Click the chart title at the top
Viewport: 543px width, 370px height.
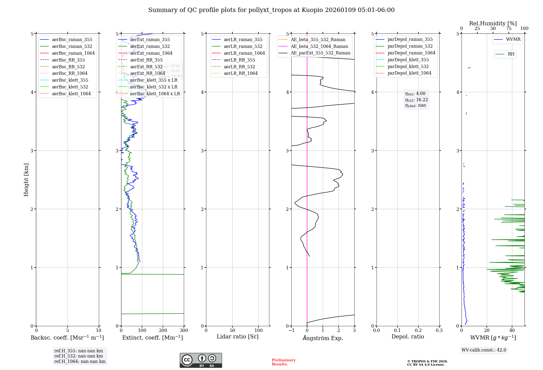pyautogui.click(x=271, y=10)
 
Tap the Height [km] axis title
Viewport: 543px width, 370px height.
pyautogui.click(x=26, y=180)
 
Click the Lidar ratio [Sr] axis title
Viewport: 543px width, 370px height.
pyautogui.click(x=238, y=337)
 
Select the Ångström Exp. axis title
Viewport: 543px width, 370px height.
pyautogui.click(x=323, y=338)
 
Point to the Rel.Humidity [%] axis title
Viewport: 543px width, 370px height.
pyautogui.click(x=493, y=23)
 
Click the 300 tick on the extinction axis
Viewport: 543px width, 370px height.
pyautogui.click(x=184, y=331)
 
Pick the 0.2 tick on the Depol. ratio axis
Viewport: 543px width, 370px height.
pyautogui.click(x=418, y=331)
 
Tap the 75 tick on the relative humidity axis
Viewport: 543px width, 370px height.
pyautogui.click(x=509, y=29)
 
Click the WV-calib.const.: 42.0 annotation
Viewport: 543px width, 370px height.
pyautogui.click(x=484, y=350)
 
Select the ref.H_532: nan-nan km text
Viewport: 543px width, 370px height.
pyautogui.click(x=78, y=356)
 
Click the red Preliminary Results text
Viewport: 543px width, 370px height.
pyautogui.click(x=283, y=362)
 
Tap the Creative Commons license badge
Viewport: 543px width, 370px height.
pyautogui.click(x=201, y=360)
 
